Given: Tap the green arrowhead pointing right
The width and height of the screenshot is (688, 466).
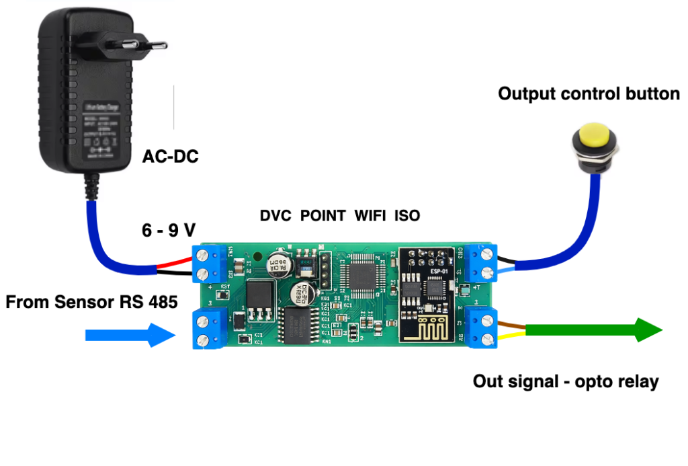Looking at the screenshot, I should pos(648,330).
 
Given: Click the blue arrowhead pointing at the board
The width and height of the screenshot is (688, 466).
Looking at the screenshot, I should pos(162,335).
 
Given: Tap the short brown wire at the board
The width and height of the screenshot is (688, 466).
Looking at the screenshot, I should pos(511,325).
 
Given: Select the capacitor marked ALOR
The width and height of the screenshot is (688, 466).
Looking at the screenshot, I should pos(277,264).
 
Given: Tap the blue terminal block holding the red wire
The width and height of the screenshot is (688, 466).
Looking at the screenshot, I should pos(208,263).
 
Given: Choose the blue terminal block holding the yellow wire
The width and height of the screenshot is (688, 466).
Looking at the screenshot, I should pos(481,329).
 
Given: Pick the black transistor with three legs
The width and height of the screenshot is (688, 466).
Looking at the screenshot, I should pos(261,300).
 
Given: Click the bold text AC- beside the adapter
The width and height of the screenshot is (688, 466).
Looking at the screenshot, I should pos(159,157).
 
